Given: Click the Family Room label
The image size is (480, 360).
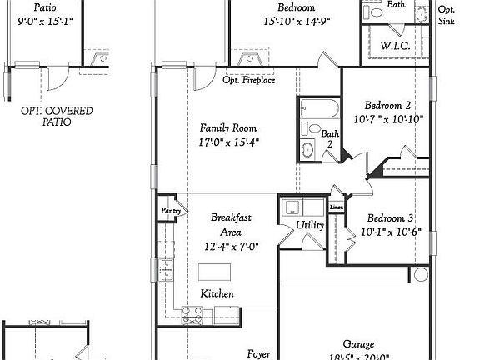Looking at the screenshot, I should click(x=227, y=128).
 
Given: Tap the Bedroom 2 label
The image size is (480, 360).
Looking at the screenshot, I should click(x=388, y=106).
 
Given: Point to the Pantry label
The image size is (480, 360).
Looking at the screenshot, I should click(x=171, y=212).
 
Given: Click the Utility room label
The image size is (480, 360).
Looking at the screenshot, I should click(x=311, y=226).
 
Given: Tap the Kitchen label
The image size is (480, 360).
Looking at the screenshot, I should click(x=217, y=294).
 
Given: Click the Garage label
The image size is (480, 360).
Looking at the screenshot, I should click(x=358, y=344).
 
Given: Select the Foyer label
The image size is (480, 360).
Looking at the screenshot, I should click(x=258, y=353).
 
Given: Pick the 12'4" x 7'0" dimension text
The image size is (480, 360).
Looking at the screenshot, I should click(x=231, y=246).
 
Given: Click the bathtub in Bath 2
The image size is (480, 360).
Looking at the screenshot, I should click(x=318, y=109).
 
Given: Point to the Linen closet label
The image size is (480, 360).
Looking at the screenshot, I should click(x=337, y=207).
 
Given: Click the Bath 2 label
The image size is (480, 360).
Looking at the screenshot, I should click(x=331, y=138).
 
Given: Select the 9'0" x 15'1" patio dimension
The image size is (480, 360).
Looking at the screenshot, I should click(x=46, y=21).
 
